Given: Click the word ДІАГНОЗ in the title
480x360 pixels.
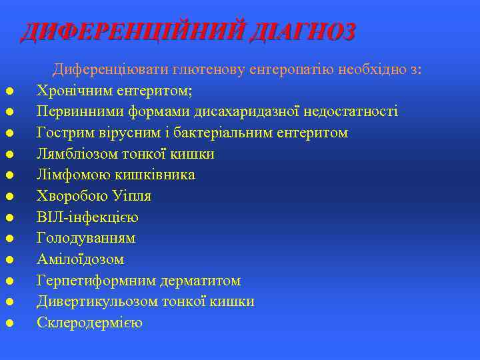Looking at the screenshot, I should coord(302,32).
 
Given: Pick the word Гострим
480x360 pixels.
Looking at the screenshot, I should coord(63,133).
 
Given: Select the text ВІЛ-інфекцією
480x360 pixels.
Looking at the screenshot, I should coord(87,217).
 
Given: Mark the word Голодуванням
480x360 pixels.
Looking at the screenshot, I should coord(86,238).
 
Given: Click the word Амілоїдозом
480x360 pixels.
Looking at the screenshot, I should coord(80,259).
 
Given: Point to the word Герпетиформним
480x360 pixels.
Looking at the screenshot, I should coord(91,281).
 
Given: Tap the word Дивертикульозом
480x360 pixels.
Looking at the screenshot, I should coord(97,301).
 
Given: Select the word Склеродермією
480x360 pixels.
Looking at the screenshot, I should coord(89,323).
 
